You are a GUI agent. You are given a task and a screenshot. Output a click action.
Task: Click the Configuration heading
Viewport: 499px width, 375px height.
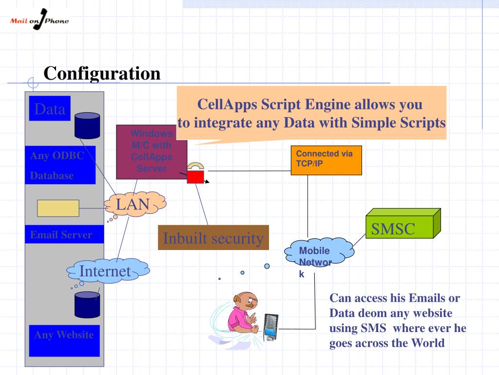click(102, 74)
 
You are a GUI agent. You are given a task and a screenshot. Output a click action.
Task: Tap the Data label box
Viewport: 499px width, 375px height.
click(50, 109)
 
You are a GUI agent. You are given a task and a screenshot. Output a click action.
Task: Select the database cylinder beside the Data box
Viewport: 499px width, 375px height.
click(87, 125)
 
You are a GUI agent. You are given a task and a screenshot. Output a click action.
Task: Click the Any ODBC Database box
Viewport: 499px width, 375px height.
click(60, 166)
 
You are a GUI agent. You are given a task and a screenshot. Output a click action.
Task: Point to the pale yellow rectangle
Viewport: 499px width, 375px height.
click(58, 208)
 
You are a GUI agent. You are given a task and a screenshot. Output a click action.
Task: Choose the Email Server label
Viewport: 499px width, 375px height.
click(61, 235)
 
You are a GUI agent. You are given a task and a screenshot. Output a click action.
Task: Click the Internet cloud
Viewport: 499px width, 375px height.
click(106, 270)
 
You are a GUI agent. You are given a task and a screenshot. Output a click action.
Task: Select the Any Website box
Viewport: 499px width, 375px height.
click(64, 340)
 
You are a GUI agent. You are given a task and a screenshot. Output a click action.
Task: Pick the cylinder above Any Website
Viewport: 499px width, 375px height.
click(87, 303)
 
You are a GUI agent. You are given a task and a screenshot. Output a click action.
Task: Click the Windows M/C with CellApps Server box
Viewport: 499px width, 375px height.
click(152, 151)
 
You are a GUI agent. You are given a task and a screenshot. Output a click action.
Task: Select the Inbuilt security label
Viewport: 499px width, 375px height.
click(213, 238)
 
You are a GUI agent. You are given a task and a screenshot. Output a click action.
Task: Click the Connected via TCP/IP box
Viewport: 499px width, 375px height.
click(326, 160)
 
